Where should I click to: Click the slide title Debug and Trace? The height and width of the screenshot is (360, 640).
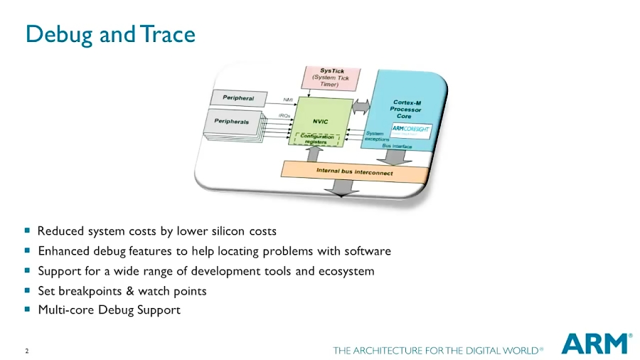(x=110, y=34)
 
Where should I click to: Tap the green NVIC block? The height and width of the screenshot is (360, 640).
(x=320, y=121)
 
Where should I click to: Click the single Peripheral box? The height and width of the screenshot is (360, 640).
(x=238, y=97)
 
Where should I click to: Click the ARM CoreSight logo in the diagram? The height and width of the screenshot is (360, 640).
(x=410, y=129)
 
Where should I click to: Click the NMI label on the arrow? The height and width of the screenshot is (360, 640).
(x=289, y=99)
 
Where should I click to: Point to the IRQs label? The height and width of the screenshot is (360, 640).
(x=284, y=115)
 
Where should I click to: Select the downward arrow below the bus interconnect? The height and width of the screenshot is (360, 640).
(x=343, y=187)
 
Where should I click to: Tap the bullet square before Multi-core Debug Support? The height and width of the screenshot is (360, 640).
(x=28, y=309)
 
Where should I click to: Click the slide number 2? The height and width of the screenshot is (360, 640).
(x=27, y=351)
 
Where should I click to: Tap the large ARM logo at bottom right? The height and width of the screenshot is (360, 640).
(x=596, y=344)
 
